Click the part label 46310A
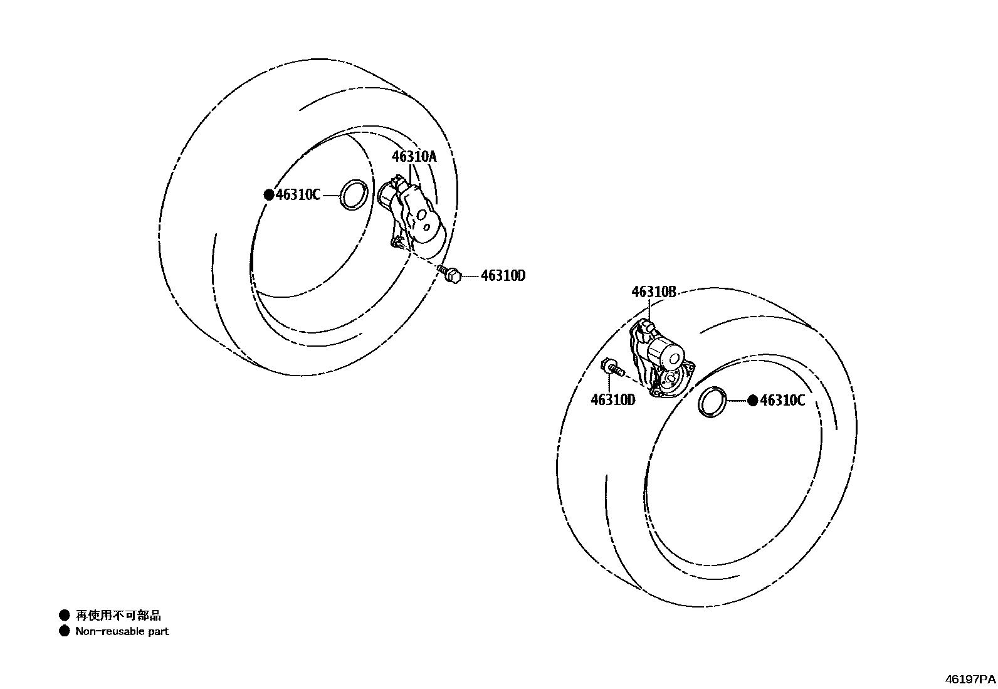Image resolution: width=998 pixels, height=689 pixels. [x=414, y=157]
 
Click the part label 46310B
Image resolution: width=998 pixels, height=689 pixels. [x=653, y=292]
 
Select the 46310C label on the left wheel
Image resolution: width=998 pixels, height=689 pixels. [x=298, y=195]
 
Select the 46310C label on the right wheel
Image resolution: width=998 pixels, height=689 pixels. [x=782, y=401]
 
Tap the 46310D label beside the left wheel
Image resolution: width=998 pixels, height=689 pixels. [x=503, y=275]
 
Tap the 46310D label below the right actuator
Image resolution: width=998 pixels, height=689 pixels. [x=612, y=400]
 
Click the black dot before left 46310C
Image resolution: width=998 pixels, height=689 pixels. [x=268, y=195]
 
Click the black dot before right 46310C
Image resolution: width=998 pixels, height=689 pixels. [x=752, y=401]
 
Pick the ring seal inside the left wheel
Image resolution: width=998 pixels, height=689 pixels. [x=353, y=194]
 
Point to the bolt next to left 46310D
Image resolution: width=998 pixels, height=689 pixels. [x=451, y=274]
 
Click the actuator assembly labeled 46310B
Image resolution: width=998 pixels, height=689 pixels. [x=660, y=359]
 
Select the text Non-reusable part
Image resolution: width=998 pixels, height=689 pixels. [x=122, y=631]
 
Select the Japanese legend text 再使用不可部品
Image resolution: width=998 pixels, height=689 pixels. [x=118, y=616]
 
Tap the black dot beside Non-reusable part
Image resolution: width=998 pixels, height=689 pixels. [x=64, y=631]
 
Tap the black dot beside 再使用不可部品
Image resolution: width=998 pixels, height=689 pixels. [x=64, y=615]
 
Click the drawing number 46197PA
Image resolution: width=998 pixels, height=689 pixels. [x=970, y=679]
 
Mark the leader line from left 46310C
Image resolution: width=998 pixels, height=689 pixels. [x=330, y=195]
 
